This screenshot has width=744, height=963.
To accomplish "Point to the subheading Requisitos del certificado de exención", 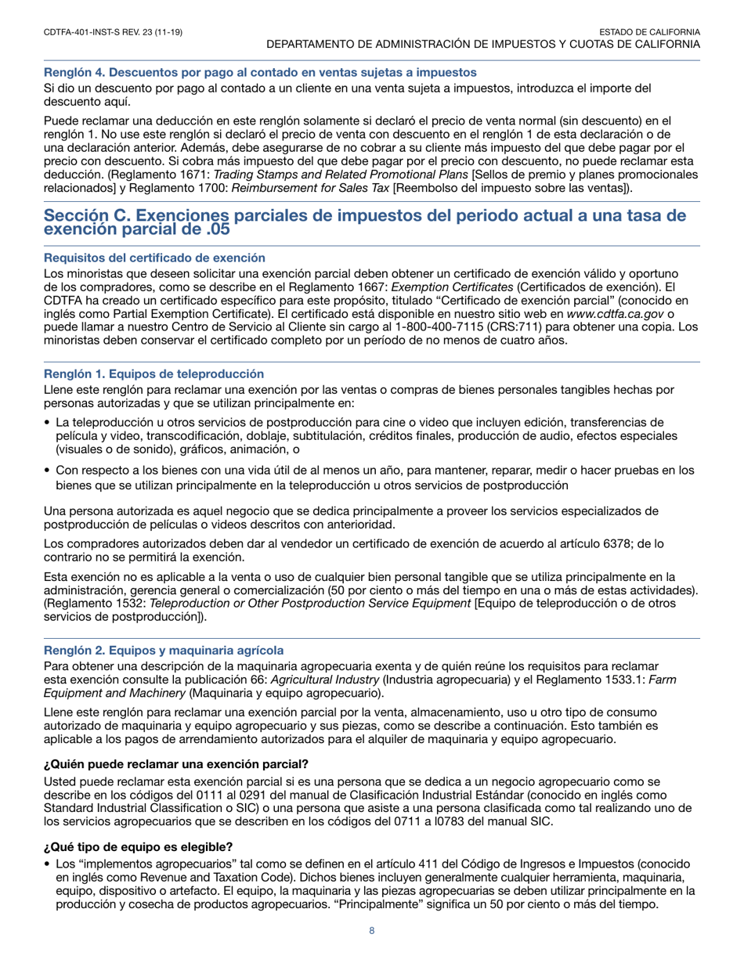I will (x=153, y=258).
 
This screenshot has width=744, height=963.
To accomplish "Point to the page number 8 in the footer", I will (x=372, y=932).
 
